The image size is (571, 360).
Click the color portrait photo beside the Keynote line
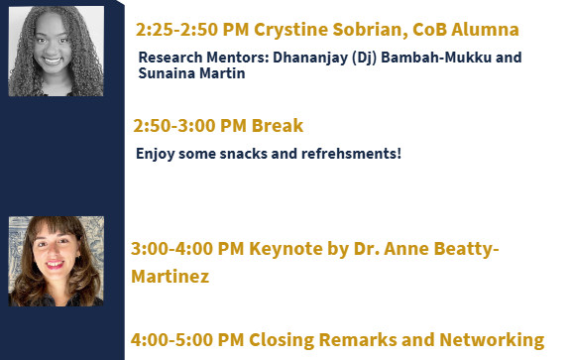(x=56, y=260)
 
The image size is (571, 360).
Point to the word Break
(x=278, y=126)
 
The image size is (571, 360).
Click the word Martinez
(x=170, y=277)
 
